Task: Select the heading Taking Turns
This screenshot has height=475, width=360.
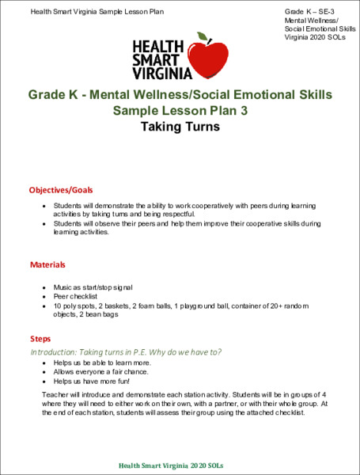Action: click(x=180, y=126)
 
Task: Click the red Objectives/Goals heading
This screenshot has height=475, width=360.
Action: click(x=61, y=190)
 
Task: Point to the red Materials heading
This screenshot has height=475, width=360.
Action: click(x=47, y=264)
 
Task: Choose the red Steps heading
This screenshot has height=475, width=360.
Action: click(x=40, y=338)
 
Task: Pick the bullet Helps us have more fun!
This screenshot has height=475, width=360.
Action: click(x=89, y=381)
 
